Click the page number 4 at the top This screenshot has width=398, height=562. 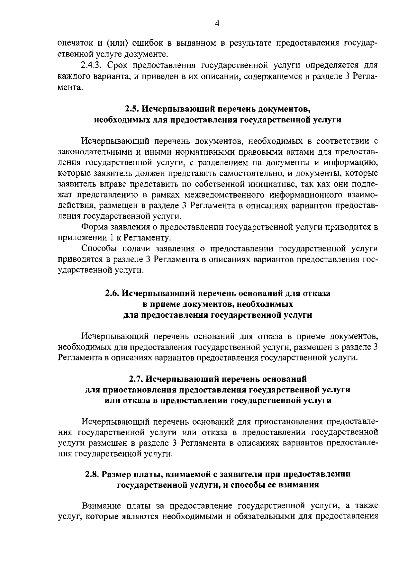[x=217, y=23]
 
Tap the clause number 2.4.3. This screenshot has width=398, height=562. [x=92, y=65]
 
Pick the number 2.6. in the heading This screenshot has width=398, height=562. [x=113, y=293]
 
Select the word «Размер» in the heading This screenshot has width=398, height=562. [x=116, y=474]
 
